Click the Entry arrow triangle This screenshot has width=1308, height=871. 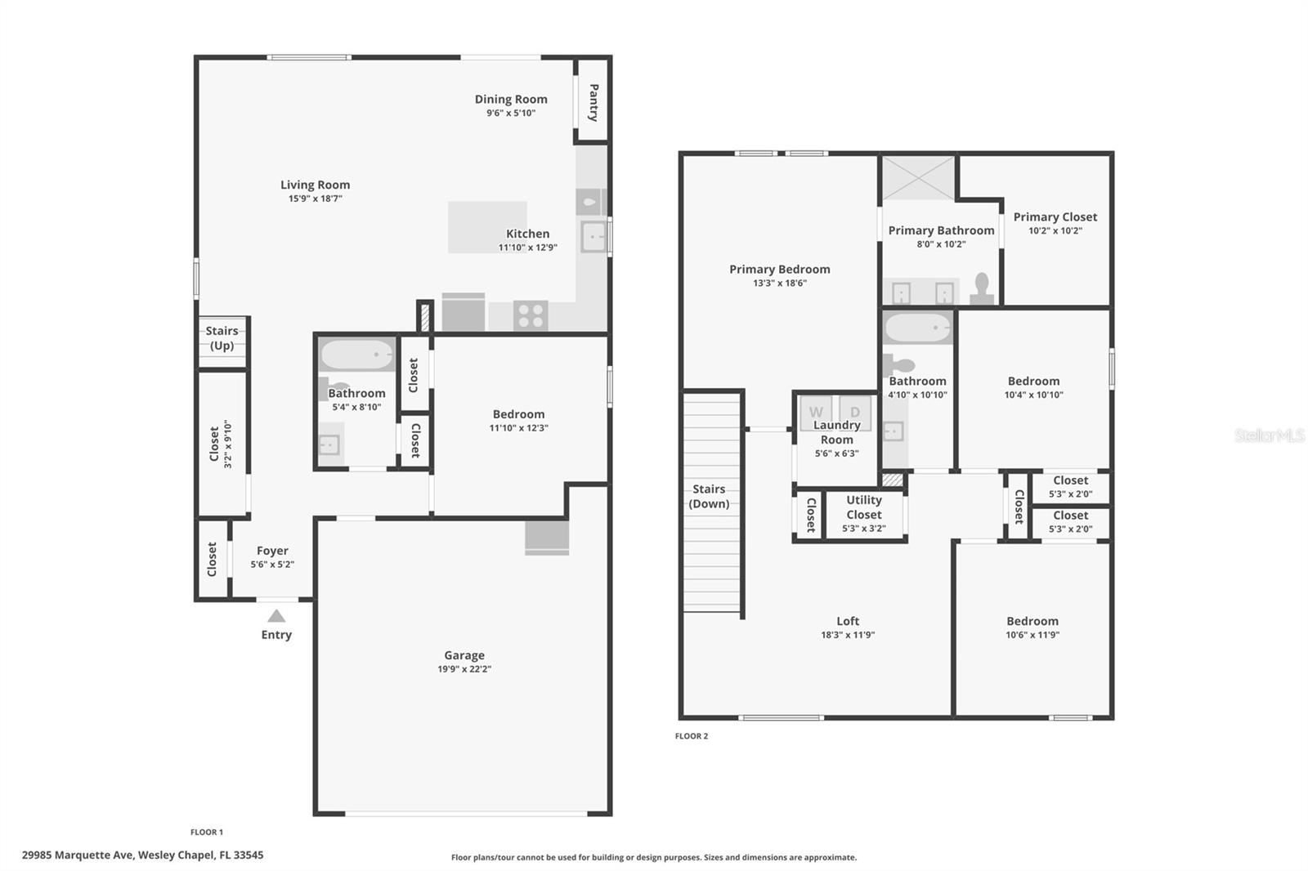pyautogui.click(x=276, y=616)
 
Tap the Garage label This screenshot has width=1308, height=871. pyautogui.click(x=464, y=655)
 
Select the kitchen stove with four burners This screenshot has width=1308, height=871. pyautogui.click(x=531, y=315)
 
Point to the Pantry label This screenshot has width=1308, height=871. pyautogui.click(x=594, y=102)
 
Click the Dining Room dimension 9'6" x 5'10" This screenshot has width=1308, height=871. pyautogui.click(x=511, y=114)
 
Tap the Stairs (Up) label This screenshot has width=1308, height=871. pyautogui.click(x=222, y=338)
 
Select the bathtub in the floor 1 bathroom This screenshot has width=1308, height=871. pyautogui.click(x=357, y=355)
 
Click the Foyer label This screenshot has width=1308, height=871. pyautogui.click(x=272, y=551)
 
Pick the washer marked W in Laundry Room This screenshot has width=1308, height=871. pyautogui.click(x=816, y=412)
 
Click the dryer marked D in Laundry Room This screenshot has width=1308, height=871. pyautogui.click(x=855, y=412)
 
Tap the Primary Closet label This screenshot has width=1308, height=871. pyautogui.click(x=1055, y=217)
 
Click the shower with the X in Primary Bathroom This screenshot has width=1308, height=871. pyautogui.click(x=917, y=178)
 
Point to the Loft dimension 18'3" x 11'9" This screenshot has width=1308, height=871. pyautogui.click(x=848, y=635)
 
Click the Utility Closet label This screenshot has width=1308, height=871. pyautogui.click(x=864, y=507)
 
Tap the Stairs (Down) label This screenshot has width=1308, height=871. pyautogui.click(x=709, y=496)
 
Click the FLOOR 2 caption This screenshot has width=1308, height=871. pyautogui.click(x=692, y=736)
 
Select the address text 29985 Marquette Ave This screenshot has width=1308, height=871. pyautogui.click(x=78, y=855)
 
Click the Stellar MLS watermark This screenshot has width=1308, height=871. pyautogui.click(x=1269, y=435)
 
